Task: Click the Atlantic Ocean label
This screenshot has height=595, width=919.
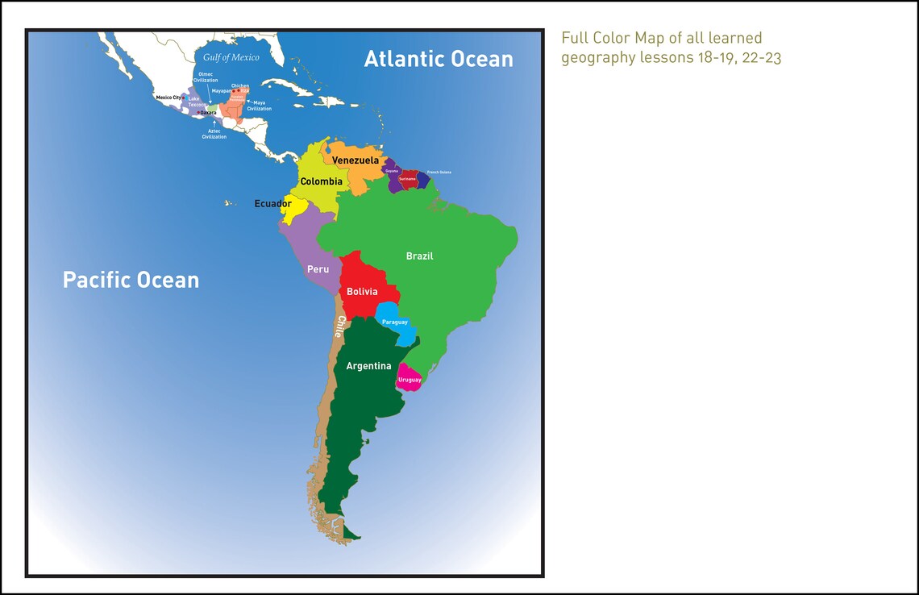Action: tap(439, 59)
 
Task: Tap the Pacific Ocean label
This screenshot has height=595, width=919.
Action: tap(131, 280)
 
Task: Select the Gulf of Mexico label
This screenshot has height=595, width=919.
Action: tap(231, 57)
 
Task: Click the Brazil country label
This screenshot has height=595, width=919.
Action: tap(419, 256)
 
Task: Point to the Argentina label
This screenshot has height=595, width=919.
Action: tap(368, 366)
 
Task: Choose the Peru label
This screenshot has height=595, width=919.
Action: tap(318, 269)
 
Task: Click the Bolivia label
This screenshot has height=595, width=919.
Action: tap(362, 291)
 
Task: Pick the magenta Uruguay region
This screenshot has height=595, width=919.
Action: tap(410, 378)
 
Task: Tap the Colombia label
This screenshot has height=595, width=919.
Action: tap(321, 181)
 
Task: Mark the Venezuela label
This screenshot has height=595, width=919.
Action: tap(356, 160)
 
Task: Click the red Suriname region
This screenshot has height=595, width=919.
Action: tap(408, 179)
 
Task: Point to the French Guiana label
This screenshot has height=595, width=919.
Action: tap(439, 173)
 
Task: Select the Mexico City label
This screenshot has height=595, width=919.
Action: tap(168, 98)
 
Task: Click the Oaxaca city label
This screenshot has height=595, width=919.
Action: tap(208, 113)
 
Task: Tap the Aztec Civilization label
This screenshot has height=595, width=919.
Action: tap(214, 134)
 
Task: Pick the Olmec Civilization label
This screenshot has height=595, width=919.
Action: tap(206, 77)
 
